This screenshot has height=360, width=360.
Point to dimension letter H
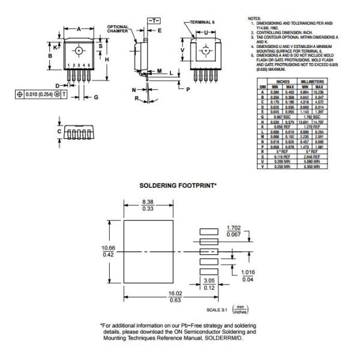click(x=106, y=59)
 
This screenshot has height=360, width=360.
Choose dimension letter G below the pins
click(x=95, y=97)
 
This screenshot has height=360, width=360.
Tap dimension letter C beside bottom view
click(x=59, y=130)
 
